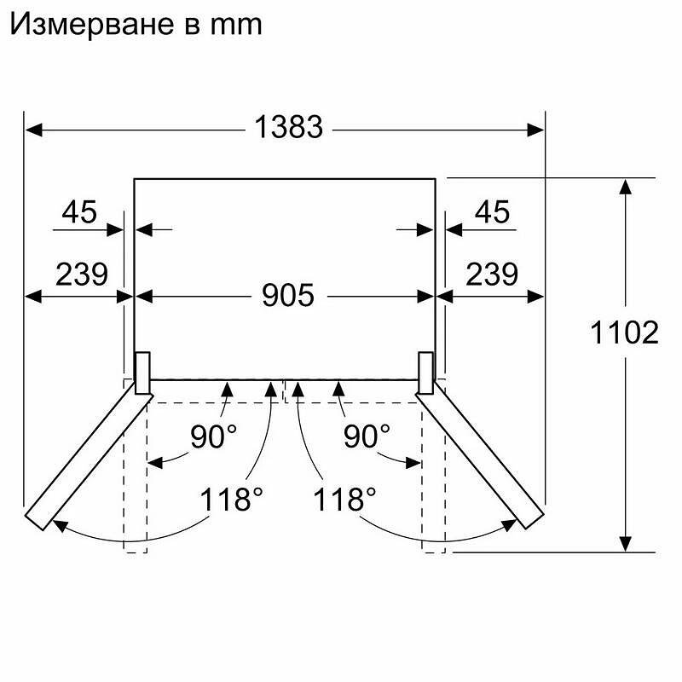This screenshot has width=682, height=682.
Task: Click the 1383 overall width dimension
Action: pyautogui.click(x=288, y=127)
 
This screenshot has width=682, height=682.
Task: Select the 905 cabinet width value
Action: pyautogui.click(x=288, y=295)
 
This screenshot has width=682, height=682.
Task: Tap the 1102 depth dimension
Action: pyautogui.click(x=624, y=332)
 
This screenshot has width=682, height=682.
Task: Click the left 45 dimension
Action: pyautogui.click(x=79, y=211)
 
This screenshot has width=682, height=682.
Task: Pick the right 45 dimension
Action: pyautogui.click(x=492, y=211)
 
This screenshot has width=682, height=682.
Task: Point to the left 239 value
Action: pyautogui.click(x=82, y=274)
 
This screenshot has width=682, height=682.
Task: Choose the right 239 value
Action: pyautogui.click(x=492, y=274)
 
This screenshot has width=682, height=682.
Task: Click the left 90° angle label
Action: pyautogui.click(x=214, y=436)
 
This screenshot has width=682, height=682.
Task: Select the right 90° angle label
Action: pyautogui.click(x=367, y=436)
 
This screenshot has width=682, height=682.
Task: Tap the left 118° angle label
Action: pyautogui.click(x=231, y=499)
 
